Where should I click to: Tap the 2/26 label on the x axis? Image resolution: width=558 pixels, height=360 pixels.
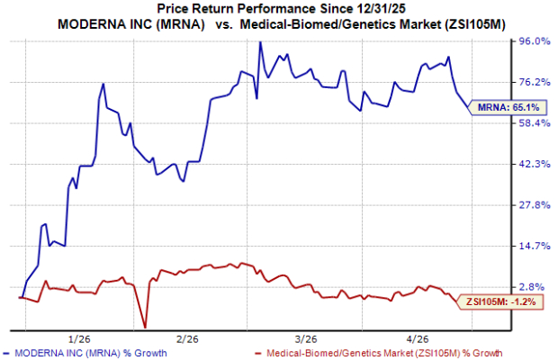click(186, 339)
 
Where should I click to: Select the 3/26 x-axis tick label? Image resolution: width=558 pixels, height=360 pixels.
click(304, 339)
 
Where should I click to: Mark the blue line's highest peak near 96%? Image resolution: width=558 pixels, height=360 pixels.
click(260, 42)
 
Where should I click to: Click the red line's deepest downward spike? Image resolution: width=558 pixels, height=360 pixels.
click(145, 327)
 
